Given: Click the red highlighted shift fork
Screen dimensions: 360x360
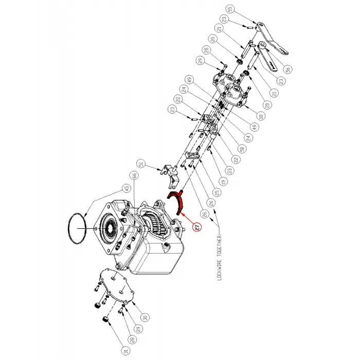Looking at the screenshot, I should pyautogui.click(x=177, y=201).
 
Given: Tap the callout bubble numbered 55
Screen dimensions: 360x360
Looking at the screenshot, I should pyautogui.click(x=230, y=9).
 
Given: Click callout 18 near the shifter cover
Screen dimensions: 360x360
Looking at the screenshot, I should pyautogui.click(x=261, y=117).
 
